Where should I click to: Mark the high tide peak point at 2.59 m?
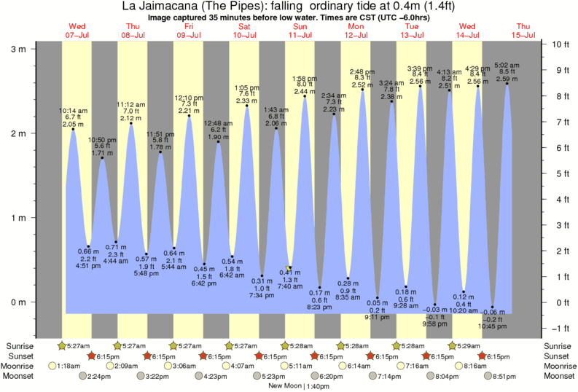point(507,83)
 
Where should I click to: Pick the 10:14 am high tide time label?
point(73,111)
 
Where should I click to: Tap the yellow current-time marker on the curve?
point(290,268)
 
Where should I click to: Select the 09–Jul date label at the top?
point(189,34)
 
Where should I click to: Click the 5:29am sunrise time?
point(468,345)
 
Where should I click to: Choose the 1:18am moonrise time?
point(68,366)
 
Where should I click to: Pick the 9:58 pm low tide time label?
point(435,323)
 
